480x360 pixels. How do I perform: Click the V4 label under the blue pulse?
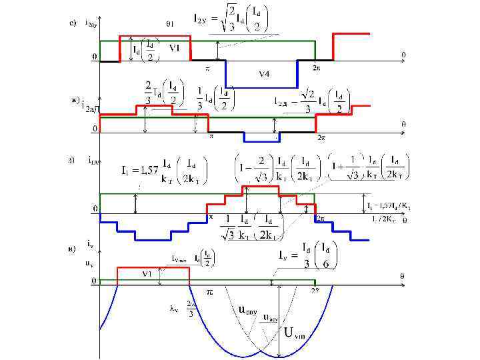point(264,75)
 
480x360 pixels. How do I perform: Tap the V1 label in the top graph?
point(174,47)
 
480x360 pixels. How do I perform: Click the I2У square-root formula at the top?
point(231,19)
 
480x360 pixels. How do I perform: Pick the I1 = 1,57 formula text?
point(161,172)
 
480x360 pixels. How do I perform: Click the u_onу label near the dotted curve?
point(248,309)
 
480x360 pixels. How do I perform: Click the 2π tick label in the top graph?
point(317,67)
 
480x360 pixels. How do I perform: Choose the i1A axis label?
point(93,159)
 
